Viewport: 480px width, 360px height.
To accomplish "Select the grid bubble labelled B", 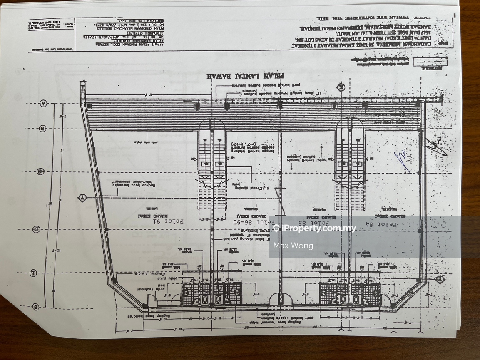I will coord(42,129).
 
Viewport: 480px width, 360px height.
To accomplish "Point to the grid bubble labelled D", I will coord(37,229).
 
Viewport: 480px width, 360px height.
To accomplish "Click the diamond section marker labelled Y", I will coord(82,198).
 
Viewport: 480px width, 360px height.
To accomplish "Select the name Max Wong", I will coord(293,246).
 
